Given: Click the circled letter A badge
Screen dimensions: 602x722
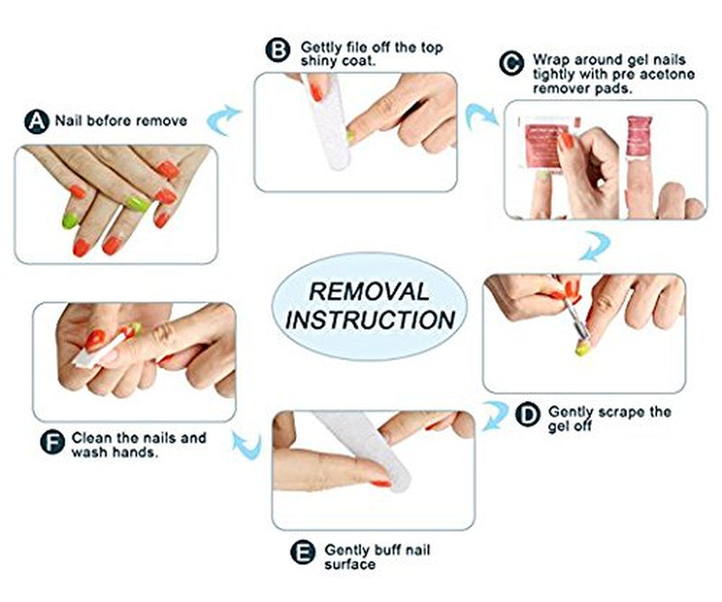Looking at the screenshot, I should coord(36,121).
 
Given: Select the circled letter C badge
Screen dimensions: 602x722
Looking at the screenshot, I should coord(512,62).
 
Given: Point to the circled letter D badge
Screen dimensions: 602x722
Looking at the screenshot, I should coord(527,415).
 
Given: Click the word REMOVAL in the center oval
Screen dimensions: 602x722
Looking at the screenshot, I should coord(369,292).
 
